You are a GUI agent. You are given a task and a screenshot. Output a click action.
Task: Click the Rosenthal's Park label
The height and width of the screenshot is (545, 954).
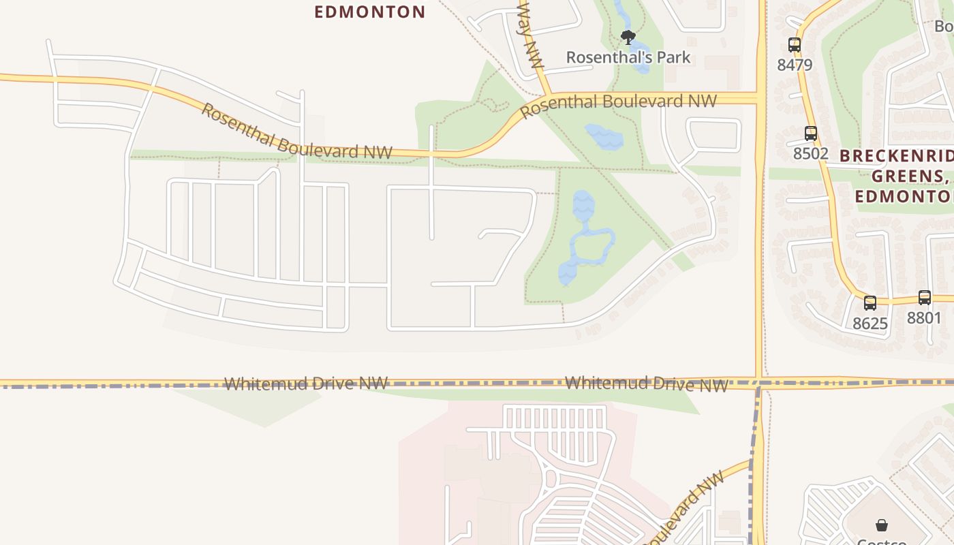(628, 57)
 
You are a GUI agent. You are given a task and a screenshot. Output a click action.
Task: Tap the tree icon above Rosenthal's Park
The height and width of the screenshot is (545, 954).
(628, 37)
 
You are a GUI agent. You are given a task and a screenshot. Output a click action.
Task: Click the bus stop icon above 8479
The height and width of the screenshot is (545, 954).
(795, 45)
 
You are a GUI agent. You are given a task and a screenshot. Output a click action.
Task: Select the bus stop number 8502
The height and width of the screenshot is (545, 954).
(810, 153)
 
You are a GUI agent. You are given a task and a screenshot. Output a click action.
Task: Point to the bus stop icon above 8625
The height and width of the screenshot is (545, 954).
(870, 303)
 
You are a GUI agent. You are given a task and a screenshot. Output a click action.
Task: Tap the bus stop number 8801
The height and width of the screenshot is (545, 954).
(924, 317)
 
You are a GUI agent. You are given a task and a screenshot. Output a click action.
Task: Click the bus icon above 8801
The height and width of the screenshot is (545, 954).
(925, 298)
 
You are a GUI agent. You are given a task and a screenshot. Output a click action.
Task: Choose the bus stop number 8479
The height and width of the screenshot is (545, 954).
(795, 65)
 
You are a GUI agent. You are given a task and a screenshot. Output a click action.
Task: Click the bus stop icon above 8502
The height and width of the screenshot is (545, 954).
(811, 134)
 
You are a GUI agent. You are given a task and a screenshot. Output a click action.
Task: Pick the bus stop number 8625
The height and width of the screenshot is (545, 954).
(870, 323)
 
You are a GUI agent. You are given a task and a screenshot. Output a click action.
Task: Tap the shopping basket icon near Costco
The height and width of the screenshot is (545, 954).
(882, 525)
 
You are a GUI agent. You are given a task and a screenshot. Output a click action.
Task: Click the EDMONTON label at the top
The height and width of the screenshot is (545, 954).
(370, 12)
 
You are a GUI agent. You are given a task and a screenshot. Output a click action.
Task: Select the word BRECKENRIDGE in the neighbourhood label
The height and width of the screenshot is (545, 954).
(896, 155)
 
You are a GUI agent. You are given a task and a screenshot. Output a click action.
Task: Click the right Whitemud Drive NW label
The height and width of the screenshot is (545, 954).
(647, 384)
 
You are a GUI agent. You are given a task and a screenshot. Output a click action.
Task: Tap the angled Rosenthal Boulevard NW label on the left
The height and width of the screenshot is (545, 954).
(296, 133)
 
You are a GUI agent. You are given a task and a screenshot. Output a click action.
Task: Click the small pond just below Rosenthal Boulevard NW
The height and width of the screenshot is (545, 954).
(604, 137)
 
